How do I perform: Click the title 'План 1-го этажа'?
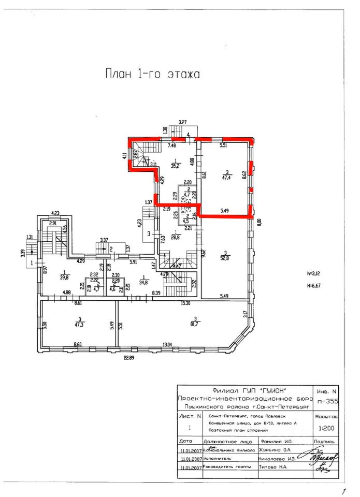click(153, 74)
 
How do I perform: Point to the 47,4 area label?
click(226, 177)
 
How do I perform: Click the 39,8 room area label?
click(64, 276)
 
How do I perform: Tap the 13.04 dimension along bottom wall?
click(167, 345)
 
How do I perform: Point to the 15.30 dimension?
click(185, 302)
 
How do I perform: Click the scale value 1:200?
click(327, 428)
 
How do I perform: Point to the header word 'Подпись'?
click(327, 442)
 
